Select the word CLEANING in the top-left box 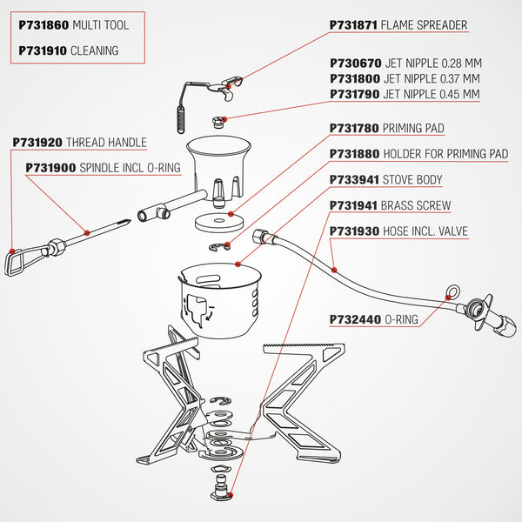95,50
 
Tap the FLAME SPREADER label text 425,25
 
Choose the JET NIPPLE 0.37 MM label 432,78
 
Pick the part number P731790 354,94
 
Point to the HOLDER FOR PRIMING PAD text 445,154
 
